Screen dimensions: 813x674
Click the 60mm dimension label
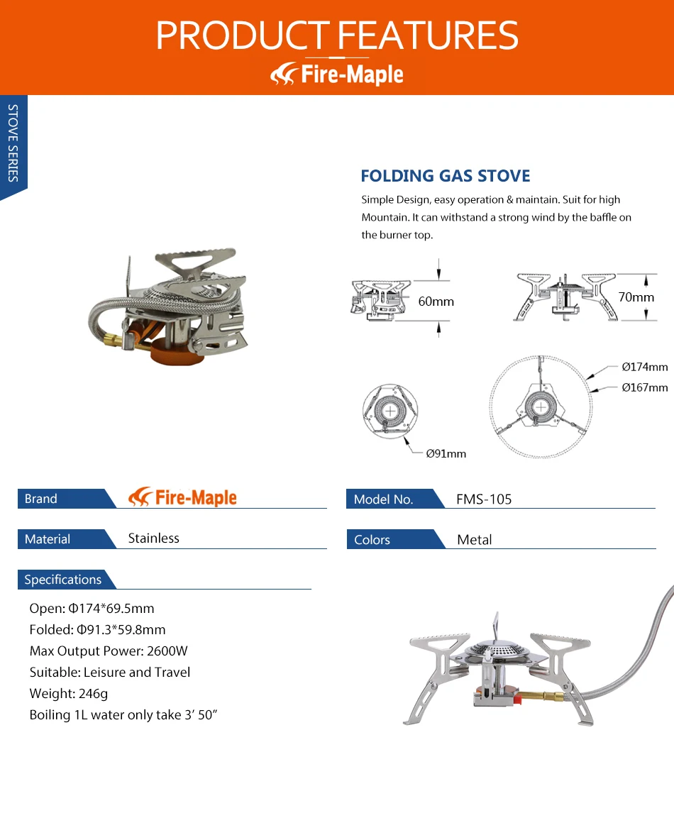(x=436, y=302)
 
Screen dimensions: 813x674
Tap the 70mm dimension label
(x=636, y=297)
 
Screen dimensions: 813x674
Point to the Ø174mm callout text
(x=644, y=367)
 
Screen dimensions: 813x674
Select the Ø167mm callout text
(x=644, y=387)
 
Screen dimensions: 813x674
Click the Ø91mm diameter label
(x=446, y=453)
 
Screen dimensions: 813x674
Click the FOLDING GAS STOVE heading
(x=445, y=176)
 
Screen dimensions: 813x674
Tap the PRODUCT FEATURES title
(x=337, y=35)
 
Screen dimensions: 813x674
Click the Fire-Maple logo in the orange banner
(x=337, y=74)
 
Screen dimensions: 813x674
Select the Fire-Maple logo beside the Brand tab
(x=183, y=497)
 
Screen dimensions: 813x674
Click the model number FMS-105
(x=484, y=499)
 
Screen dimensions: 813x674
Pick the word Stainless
(x=153, y=538)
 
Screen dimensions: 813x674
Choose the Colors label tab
(x=372, y=540)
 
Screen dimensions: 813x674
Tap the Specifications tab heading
(x=62, y=580)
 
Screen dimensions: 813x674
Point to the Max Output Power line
(x=109, y=651)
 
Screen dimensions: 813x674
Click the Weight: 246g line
(x=69, y=694)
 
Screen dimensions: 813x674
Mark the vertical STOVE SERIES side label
(x=13, y=143)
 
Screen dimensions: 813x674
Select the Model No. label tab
(x=383, y=499)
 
